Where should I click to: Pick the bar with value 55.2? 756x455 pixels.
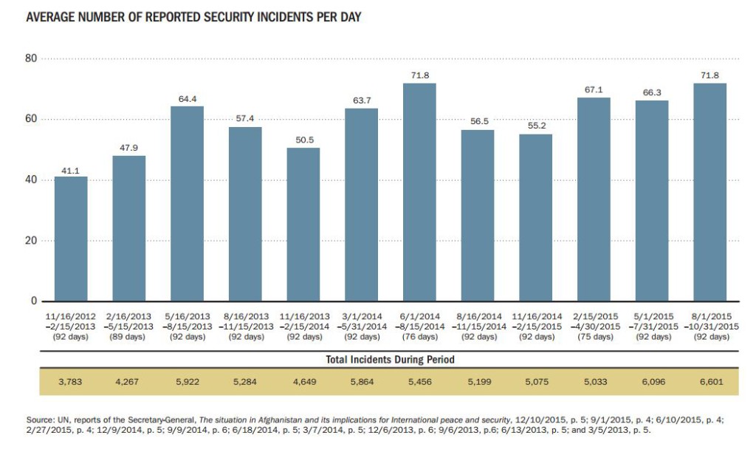click(x=536, y=217)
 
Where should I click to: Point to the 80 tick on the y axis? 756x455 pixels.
click(x=31, y=58)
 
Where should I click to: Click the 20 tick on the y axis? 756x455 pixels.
click(x=31, y=241)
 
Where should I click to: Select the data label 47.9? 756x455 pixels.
click(x=129, y=148)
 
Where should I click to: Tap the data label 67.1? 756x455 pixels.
click(x=594, y=89)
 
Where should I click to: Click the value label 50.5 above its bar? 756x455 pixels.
click(x=303, y=140)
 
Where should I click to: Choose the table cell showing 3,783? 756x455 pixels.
click(x=71, y=383)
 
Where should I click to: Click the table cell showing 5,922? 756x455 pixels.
click(x=187, y=383)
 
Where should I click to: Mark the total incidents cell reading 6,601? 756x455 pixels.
click(x=710, y=383)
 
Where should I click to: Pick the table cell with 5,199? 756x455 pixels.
click(x=478, y=383)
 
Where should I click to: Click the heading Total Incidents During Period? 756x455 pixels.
click(x=390, y=360)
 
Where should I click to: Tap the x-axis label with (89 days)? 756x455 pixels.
click(x=129, y=337)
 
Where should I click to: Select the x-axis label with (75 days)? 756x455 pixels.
click(x=594, y=337)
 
